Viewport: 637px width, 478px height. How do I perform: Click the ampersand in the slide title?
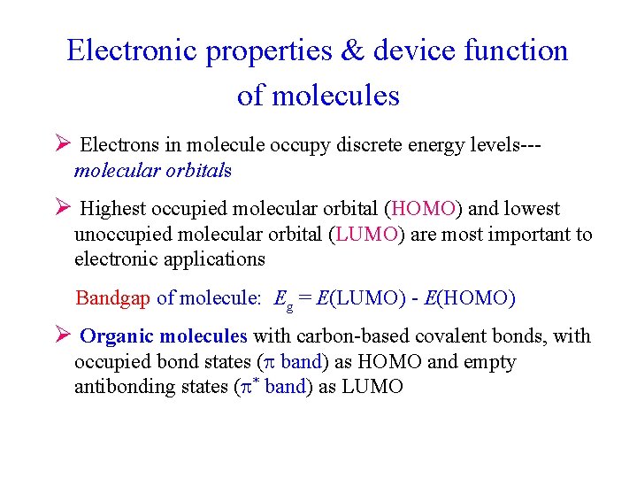(x=351, y=50)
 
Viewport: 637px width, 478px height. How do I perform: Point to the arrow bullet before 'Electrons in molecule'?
(x=62, y=144)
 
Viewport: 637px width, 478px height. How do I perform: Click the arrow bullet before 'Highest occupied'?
(x=62, y=208)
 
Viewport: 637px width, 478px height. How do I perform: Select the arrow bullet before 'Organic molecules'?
(x=62, y=335)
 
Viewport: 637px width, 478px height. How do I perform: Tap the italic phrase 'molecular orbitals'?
(x=152, y=171)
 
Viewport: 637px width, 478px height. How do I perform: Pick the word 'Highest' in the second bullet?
(x=113, y=209)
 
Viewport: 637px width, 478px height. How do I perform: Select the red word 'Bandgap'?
(x=113, y=298)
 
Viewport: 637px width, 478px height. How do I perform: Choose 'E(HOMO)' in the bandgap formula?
(x=470, y=298)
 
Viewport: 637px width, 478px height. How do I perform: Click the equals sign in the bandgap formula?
(x=304, y=298)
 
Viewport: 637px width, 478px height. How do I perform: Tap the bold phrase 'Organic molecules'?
(x=164, y=336)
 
